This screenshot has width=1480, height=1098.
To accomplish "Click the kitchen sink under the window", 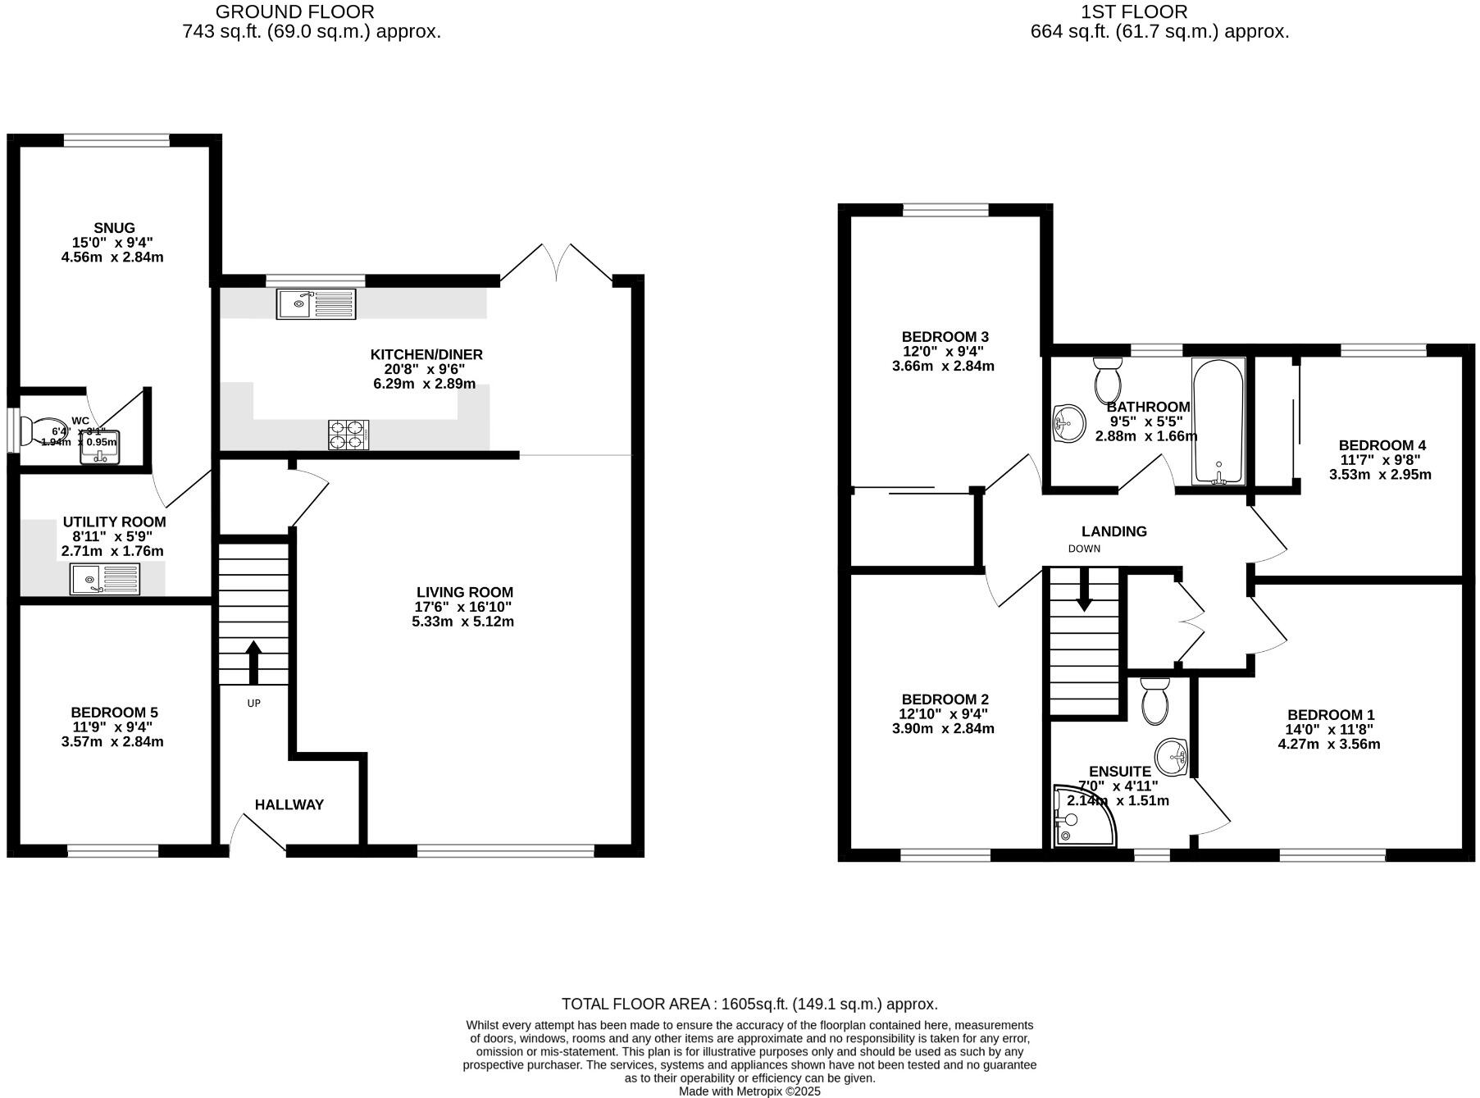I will coord(316,304).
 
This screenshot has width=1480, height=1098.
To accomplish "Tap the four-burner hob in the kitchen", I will coord(348,435).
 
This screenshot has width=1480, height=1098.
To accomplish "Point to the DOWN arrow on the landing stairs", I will coord(1084,590).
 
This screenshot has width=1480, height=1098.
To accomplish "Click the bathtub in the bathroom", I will coord(1218,421).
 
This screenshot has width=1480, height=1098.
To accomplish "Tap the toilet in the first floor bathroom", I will coord(1107,380).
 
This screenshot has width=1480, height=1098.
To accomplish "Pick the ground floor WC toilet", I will coord(30,431).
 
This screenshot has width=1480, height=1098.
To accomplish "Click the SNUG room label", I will coord(114,228).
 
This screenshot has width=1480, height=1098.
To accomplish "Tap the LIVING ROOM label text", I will coord(464,592).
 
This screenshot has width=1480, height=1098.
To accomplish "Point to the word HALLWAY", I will coord(289,804).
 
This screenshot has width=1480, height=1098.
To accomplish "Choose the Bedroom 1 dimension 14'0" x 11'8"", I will coord(1329,729).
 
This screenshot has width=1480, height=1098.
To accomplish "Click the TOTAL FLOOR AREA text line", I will coord(749,1004).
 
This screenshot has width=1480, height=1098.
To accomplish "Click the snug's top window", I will coord(116,140).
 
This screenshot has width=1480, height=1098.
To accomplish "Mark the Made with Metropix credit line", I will coord(749,1091).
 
